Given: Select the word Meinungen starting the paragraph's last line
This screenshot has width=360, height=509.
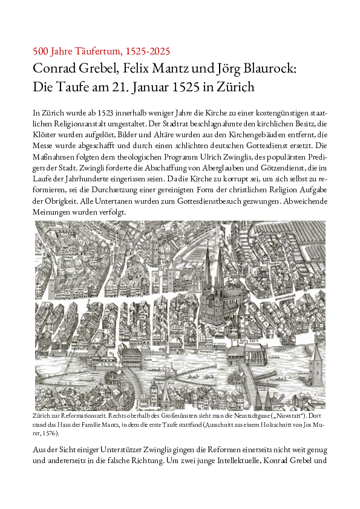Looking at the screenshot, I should (52, 213).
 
